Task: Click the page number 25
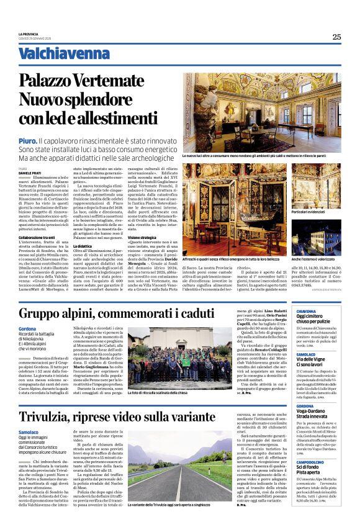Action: (336, 37)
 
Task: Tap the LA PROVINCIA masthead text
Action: (29, 34)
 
